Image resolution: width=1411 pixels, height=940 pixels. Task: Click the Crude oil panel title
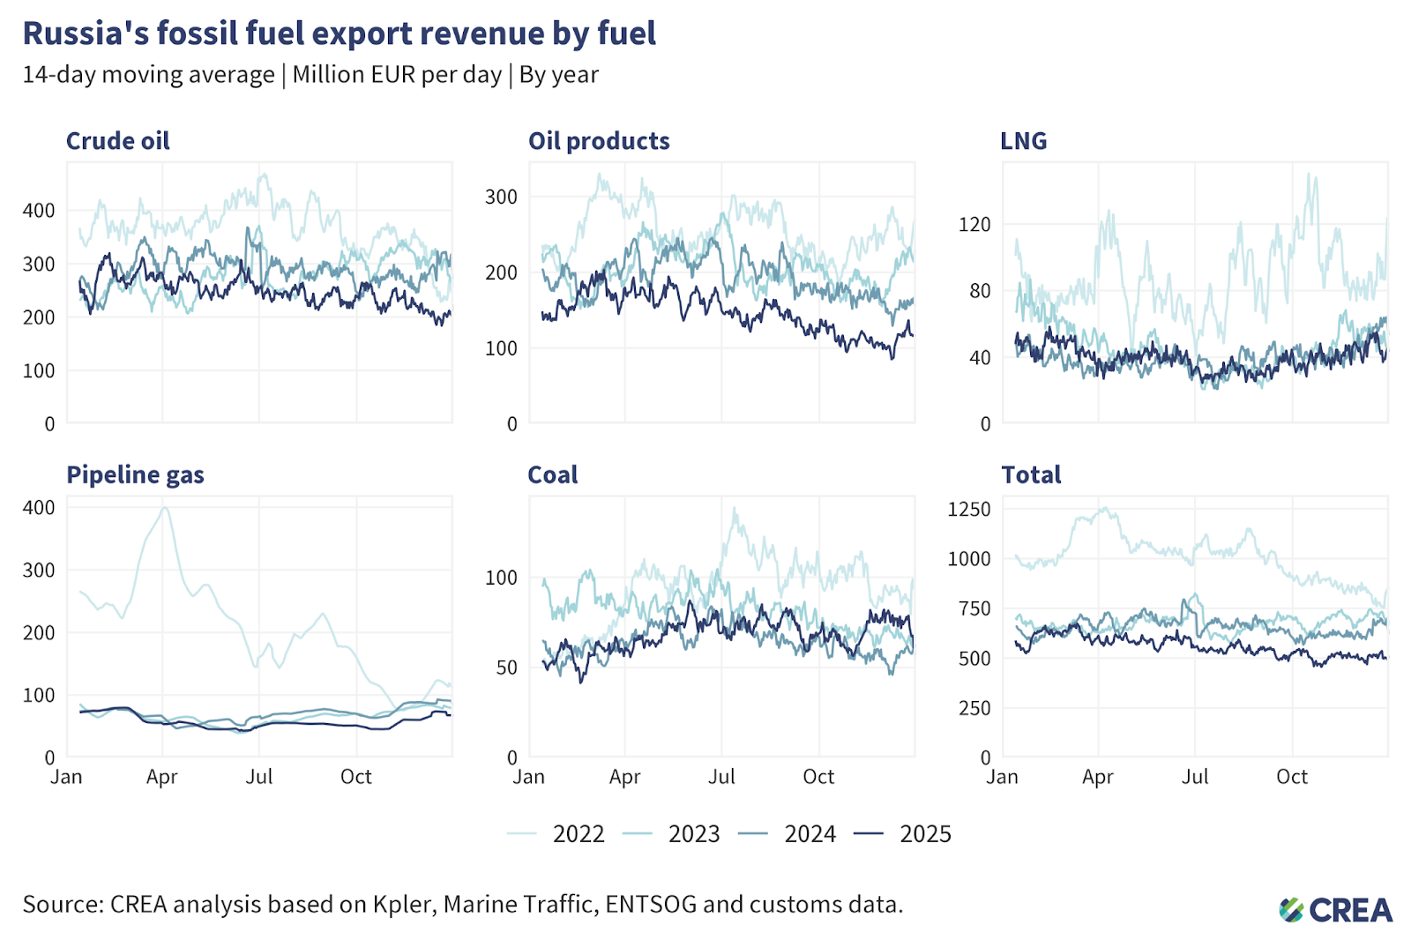click(117, 141)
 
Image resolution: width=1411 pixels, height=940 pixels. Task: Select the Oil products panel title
click(599, 141)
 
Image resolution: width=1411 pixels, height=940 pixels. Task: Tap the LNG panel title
click(1023, 141)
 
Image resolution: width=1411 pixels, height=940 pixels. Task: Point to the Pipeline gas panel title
click(135, 475)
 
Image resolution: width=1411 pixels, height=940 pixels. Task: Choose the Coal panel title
click(552, 475)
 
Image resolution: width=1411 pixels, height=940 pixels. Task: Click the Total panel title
click(1031, 475)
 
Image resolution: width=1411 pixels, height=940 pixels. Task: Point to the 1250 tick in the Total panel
click(969, 510)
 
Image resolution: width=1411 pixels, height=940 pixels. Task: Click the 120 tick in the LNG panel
click(974, 225)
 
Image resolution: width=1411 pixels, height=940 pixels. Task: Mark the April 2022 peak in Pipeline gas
click(164, 508)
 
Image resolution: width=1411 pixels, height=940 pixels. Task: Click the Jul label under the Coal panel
click(721, 777)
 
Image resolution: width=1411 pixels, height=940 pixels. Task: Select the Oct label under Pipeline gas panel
click(356, 777)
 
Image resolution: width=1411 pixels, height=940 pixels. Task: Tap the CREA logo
click(1336, 910)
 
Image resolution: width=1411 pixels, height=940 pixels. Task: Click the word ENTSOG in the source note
click(651, 905)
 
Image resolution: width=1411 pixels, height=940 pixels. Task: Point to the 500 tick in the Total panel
click(974, 659)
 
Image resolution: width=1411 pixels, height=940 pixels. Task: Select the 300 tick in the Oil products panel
click(501, 198)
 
